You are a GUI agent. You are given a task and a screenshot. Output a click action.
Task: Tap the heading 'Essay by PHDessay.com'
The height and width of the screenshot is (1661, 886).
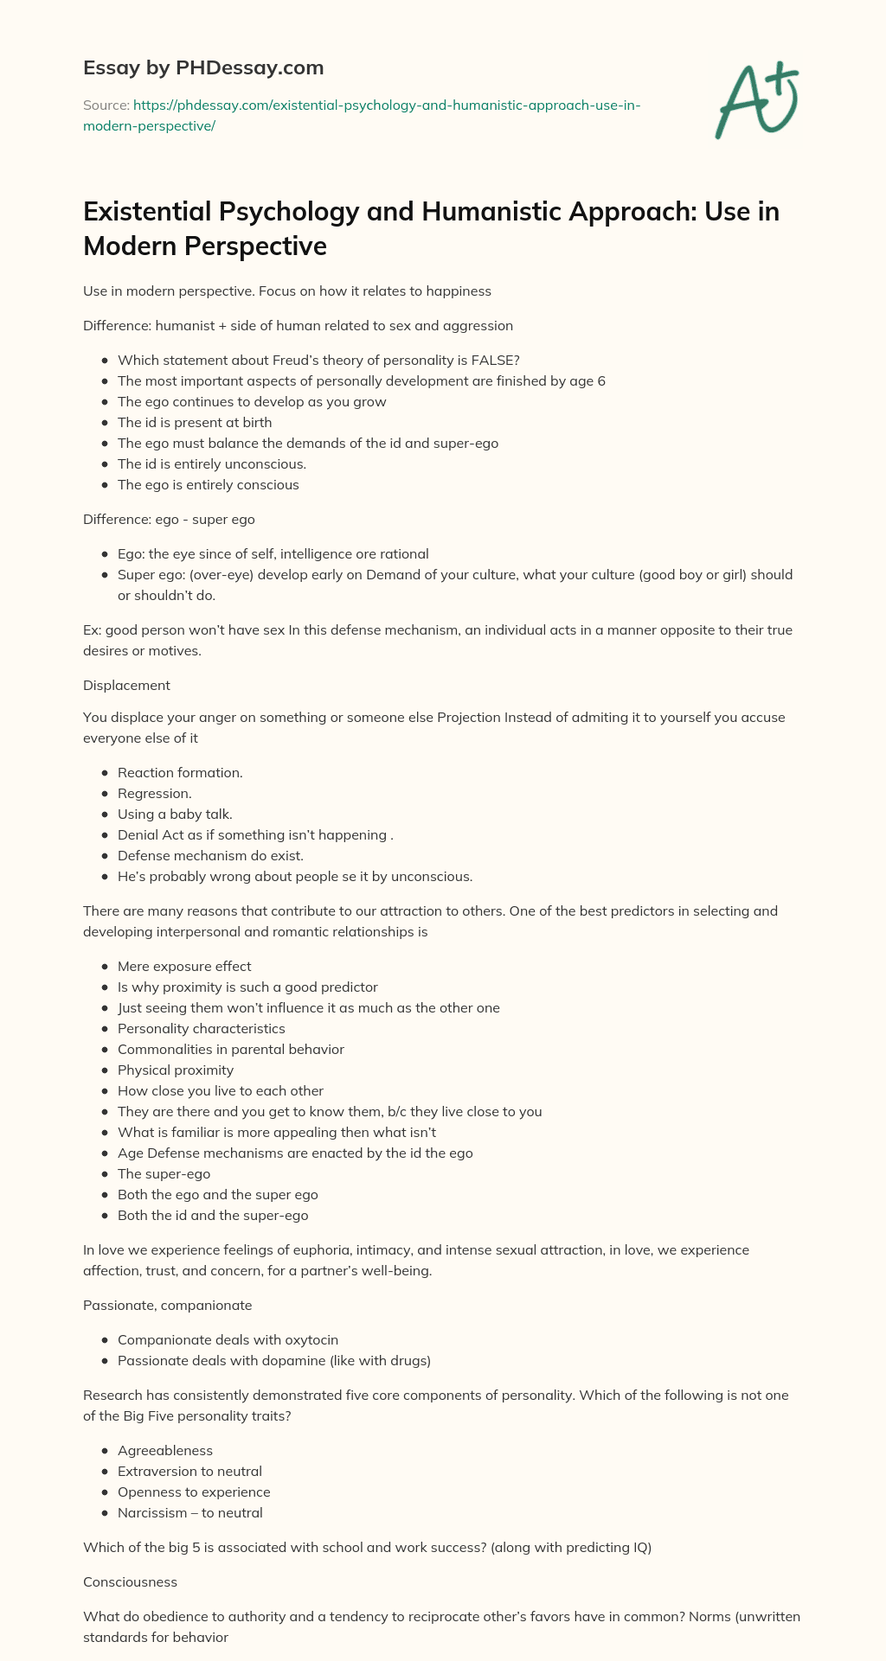pos(203,67)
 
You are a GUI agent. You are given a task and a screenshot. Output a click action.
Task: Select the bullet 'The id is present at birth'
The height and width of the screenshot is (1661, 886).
pos(195,422)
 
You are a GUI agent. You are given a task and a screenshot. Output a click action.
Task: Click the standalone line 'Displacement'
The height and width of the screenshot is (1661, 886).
pos(126,685)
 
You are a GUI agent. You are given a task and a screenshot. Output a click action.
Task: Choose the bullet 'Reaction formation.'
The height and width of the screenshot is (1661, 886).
pos(180,772)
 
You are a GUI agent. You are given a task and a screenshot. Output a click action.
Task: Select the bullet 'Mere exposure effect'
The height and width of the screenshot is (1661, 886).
pos(184,966)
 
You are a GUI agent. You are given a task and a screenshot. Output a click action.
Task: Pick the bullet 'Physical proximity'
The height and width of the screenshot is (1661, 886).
pos(176,1070)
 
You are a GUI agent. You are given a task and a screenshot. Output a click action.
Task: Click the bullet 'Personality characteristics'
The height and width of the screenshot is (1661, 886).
pos(201,1028)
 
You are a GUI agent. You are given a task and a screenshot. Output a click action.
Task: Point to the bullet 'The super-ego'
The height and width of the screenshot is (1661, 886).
pos(164,1173)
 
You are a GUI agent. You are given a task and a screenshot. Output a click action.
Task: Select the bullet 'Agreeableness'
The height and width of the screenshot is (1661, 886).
pos(165,1450)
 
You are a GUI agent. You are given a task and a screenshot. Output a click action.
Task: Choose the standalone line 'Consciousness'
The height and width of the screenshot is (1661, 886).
pos(130,1581)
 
